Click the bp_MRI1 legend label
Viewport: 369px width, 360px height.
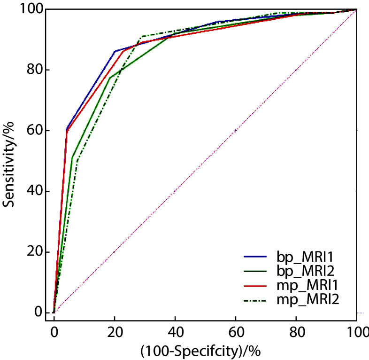[x=305, y=257]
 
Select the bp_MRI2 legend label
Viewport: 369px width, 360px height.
[x=306, y=271]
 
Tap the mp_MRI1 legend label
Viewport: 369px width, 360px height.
[x=307, y=286]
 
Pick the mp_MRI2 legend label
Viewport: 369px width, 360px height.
[x=308, y=300]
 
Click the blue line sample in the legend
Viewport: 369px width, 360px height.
[x=255, y=256]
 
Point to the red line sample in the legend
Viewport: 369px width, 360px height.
[x=255, y=286]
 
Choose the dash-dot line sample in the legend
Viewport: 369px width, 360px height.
[x=255, y=301]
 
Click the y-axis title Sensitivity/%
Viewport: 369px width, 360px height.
[x=8, y=164]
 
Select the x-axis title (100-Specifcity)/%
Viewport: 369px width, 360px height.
[x=200, y=351]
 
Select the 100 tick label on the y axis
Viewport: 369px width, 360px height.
[x=32, y=9]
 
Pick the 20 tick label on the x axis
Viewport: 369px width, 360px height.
[x=115, y=332]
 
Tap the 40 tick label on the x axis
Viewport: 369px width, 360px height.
[x=175, y=332]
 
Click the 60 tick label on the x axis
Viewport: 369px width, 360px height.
[x=236, y=332]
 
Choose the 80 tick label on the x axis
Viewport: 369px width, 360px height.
[x=297, y=332]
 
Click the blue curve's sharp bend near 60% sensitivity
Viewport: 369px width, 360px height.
[x=67, y=129]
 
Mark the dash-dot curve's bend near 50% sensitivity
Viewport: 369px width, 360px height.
[x=77, y=160]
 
